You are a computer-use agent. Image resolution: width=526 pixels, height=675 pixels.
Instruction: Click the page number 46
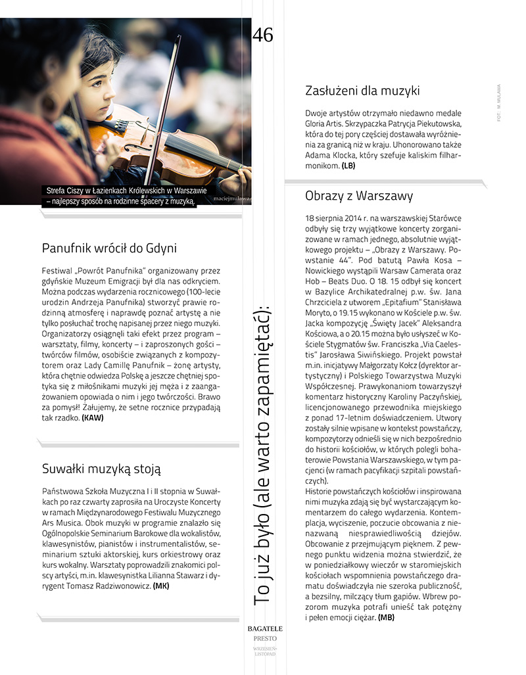pos(262,35)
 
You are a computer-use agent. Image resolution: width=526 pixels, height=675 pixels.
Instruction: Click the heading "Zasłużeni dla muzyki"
pos(362,91)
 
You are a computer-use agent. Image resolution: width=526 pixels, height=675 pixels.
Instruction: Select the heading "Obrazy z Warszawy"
pos(358,196)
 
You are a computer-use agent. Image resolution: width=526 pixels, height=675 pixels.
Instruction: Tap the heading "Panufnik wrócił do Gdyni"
pos(109,248)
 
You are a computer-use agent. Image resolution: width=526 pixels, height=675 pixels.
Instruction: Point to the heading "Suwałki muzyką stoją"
pos(101,469)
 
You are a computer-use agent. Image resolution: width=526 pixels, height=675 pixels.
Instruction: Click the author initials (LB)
pos(348,166)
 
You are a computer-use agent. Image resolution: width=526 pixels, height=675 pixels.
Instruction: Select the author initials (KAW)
pos(93,417)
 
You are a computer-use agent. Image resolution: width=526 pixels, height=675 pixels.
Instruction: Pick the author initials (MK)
pos(160,585)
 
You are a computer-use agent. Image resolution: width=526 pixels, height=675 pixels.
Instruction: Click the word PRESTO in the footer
pos(265,638)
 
